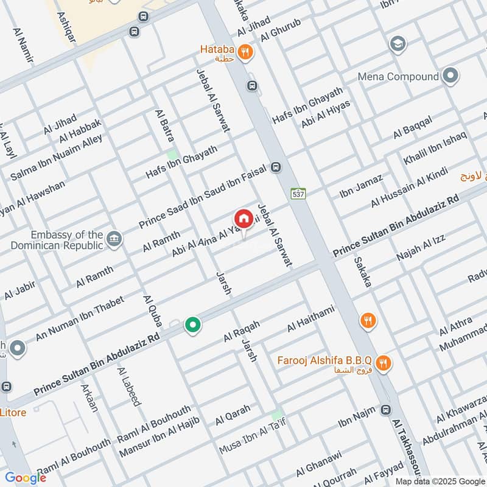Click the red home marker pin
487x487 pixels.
(x=243, y=219)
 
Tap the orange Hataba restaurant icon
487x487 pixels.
(x=246, y=53)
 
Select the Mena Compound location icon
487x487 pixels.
(x=450, y=77)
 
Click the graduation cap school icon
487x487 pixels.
(x=398, y=44)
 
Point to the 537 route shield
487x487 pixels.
(x=298, y=193)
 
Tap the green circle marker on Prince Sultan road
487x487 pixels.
(x=194, y=326)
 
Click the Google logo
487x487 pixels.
(x=26, y=478)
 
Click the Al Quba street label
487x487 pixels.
(x=151, y=311)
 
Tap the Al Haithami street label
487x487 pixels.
(x=310, y=320)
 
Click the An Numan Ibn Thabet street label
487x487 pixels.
(x=80, y=318)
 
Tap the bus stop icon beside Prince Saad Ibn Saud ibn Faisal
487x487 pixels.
(x=276, y=167)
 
